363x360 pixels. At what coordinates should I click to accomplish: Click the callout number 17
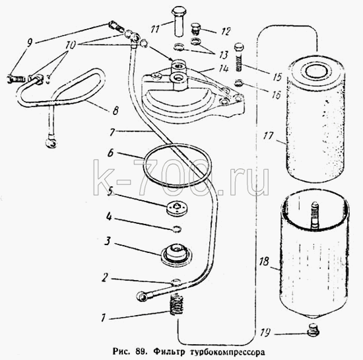[x=269, y=136]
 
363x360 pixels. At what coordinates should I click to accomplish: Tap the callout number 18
[x=264, y=262]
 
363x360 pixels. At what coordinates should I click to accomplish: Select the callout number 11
[x=155, y=30]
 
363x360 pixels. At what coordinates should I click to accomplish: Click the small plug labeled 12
[x=196, y=29]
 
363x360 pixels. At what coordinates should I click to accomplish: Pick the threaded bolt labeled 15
[x=240, y=57]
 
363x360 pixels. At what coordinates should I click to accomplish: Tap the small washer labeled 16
[x=238, y=83]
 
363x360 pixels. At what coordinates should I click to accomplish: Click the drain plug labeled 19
[x=313, y=330]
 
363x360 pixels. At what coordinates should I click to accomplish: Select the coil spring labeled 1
[x=176, y=305]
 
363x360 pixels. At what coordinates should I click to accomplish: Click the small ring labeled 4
[x=177, y=229]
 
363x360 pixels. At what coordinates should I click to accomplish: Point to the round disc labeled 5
[x=177, y=207]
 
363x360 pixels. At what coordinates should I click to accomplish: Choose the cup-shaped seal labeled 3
[x=177, y=254]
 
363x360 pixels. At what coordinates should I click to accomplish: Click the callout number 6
[x=111, y=153]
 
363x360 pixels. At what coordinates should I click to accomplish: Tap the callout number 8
[x=115, y=110]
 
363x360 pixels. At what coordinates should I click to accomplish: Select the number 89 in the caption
[x=140, y=351]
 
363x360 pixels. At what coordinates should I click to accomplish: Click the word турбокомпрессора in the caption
[x=227, y=352]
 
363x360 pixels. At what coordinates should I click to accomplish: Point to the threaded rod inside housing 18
[x=314, y=215]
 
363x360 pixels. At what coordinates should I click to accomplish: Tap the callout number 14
[x=224, y=69]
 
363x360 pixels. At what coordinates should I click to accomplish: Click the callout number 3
[x=108, y=241]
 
